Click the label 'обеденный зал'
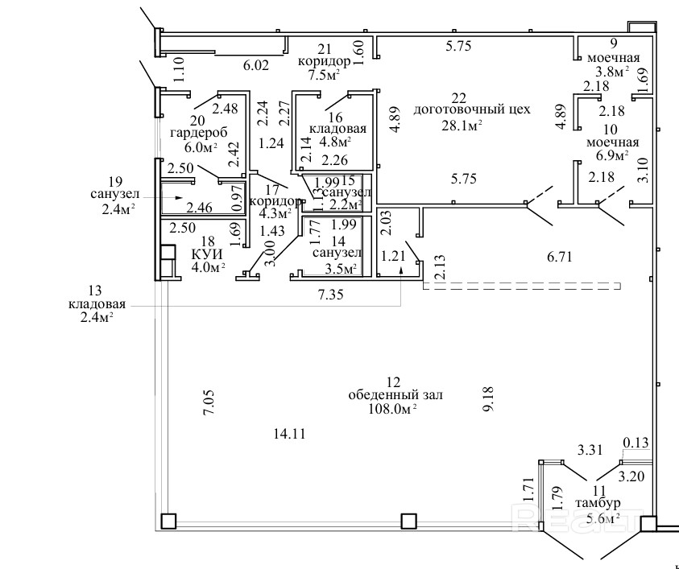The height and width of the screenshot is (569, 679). pos(395,395)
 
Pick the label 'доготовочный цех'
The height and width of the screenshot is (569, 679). pos(471,109)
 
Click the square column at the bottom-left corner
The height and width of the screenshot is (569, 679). pos(168,520)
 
